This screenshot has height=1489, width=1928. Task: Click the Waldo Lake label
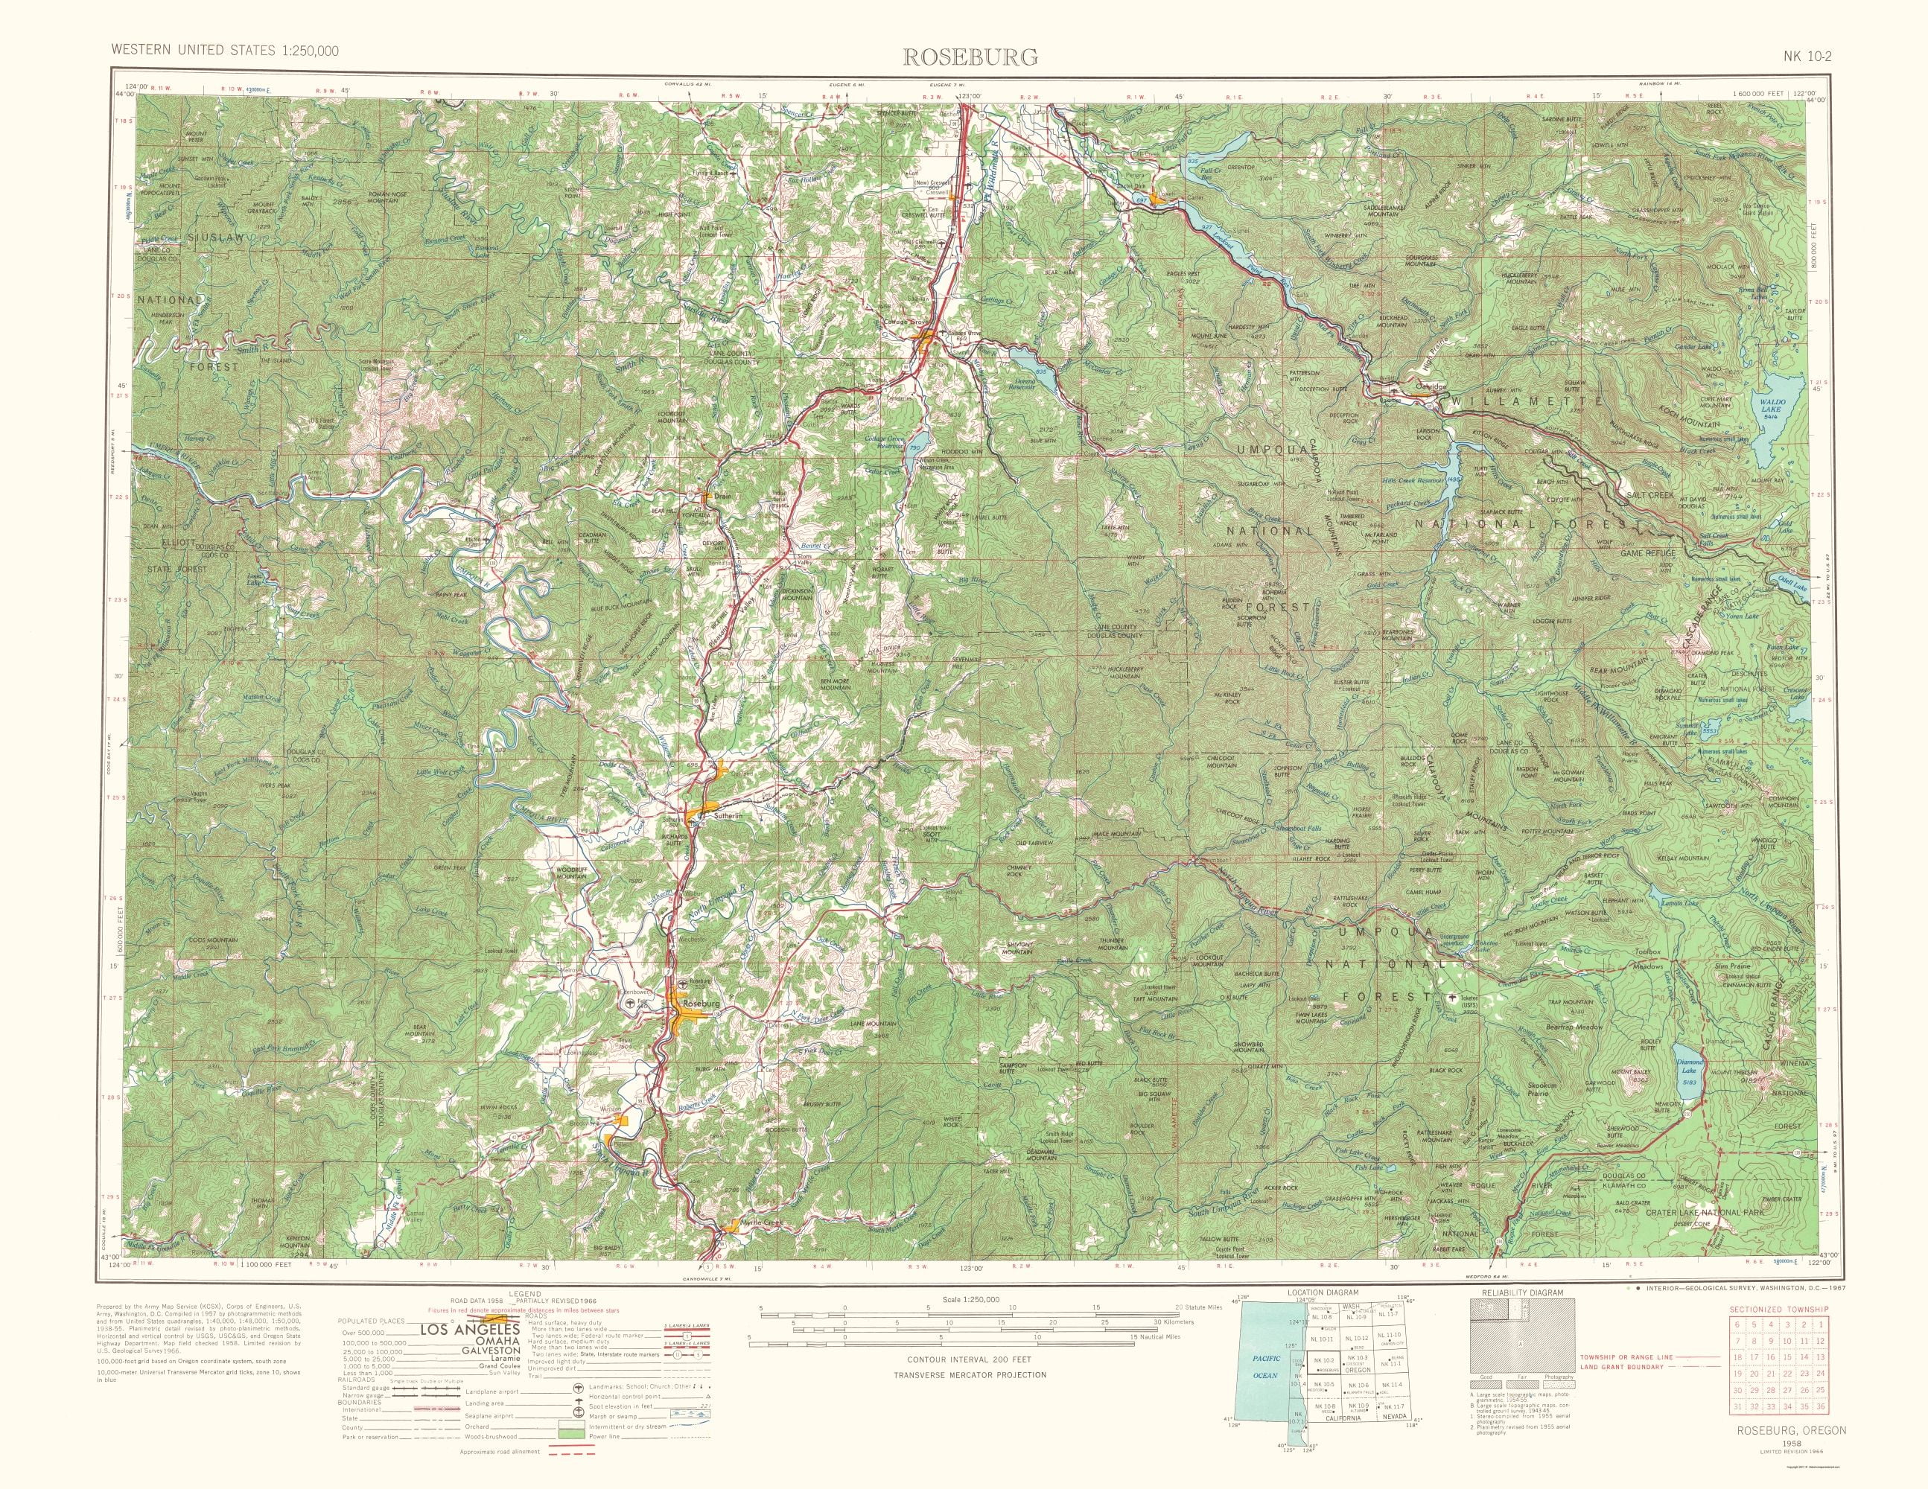(x=1772, y=407)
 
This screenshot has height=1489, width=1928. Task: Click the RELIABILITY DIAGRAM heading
(x=1515, y=1292)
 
